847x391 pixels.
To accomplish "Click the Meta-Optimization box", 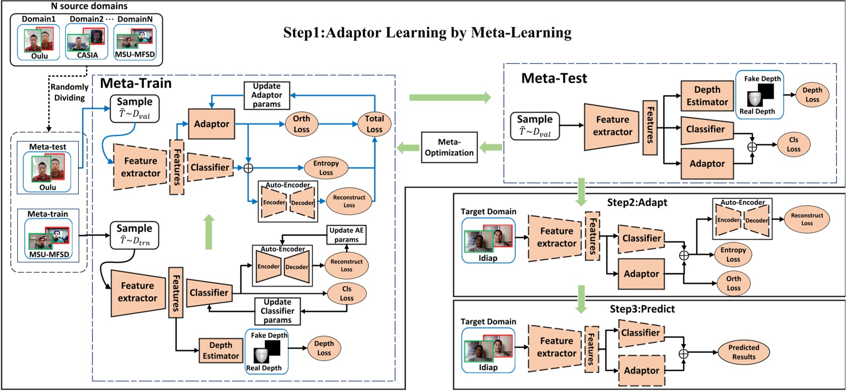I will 449,147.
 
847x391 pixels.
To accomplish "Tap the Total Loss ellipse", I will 374,124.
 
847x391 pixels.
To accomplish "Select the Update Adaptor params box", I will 266,95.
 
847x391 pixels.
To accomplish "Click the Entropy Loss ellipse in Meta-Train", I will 326,168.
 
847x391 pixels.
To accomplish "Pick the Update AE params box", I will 346,235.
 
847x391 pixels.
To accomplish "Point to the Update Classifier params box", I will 277,311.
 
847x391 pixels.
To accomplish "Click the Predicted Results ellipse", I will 744,352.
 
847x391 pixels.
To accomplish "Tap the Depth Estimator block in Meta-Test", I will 707,96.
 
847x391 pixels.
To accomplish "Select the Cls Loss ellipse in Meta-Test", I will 793,145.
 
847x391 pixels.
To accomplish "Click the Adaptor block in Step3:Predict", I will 641,371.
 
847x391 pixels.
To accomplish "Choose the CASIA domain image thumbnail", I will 87,41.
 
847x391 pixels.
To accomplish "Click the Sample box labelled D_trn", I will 134,235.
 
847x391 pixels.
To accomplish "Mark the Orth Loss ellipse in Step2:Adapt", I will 733,283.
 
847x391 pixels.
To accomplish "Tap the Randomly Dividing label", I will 70,92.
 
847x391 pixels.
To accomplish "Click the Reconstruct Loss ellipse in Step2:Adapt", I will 806,219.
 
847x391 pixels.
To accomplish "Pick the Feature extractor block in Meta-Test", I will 612,126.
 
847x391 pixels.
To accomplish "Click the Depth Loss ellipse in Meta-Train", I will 324,348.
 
